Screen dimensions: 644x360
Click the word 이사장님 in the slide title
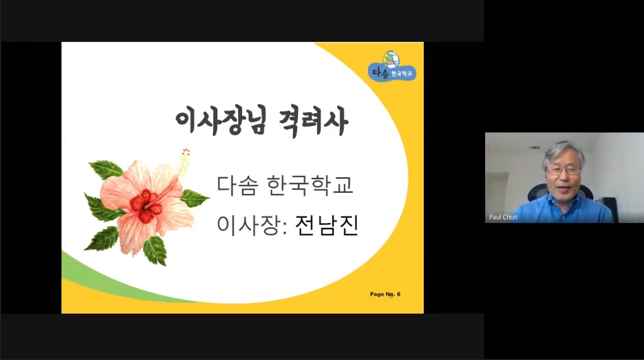(221, 121)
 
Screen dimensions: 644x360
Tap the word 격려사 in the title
(314, 121)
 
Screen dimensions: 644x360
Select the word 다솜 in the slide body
(238, 185)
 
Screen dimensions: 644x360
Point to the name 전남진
(326, 225)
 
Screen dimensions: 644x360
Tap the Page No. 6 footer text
(385, 294)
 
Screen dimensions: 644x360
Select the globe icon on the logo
(391, 59)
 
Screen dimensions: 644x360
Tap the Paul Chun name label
(503, 217)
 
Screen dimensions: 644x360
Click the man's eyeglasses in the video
(563, 170)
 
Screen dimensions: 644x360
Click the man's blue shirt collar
(564, 201)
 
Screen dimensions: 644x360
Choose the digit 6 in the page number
(399, 294)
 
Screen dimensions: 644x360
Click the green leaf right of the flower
(194, 198)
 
